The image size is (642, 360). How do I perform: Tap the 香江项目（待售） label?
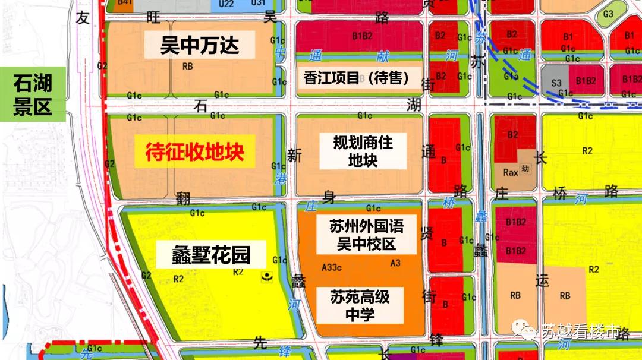[x=362, y=78]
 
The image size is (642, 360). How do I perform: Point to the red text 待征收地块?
[x=194, y=152]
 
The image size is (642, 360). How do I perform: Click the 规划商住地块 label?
[x=363, y=151]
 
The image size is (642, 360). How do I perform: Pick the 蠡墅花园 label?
[x=203, y=255]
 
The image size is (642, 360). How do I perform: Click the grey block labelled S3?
[x=555, y=83]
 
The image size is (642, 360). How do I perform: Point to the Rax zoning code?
[x=511, y=172]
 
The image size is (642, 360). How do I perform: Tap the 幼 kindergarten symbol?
[x=525, y=168]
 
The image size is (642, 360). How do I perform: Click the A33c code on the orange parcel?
[x=331, y=267]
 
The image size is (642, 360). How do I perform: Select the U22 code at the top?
[x=226, y=4]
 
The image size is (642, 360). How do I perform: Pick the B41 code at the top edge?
[x=125, y=3]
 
